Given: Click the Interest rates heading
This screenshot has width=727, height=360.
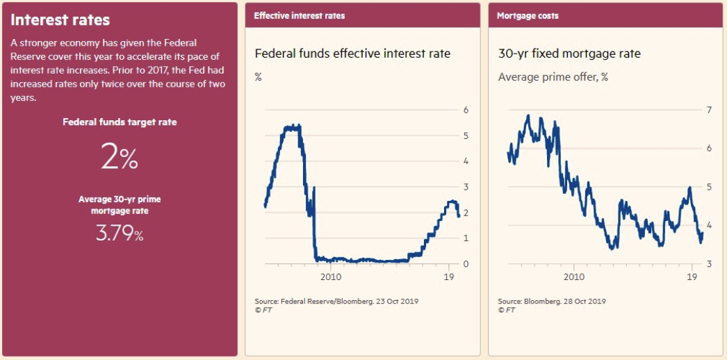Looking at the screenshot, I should (x=60, y=20).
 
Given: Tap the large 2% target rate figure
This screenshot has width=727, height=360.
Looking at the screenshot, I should (x=120, y=158).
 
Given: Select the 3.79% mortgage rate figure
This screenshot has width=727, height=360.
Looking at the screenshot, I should (x=120, y=234).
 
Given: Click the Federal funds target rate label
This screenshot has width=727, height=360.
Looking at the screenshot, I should (x=120, y=122).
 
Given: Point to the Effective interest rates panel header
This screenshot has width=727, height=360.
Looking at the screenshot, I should (x=299, y=15).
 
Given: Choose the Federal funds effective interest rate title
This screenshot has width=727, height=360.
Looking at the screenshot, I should (x=352, y=54).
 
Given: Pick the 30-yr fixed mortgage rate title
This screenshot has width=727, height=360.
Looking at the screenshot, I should (x=569, y=54).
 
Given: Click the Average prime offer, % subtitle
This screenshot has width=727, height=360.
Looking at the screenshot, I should (x=553, y=77).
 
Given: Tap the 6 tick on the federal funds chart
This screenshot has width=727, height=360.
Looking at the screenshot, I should (x=466, y=110).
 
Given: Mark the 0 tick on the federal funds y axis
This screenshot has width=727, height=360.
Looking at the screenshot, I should (x=466, y=264).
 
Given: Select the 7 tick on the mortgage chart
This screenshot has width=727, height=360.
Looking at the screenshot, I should (x=710, y=110).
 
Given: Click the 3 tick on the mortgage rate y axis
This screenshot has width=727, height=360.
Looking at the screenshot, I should (x=710, y=264).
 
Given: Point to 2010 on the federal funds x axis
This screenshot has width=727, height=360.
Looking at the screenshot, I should (x=330, y=277).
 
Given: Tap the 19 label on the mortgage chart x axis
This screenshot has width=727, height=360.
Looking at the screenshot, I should (x=692, y=277).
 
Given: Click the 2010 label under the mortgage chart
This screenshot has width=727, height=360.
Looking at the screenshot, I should (x=573, y=277).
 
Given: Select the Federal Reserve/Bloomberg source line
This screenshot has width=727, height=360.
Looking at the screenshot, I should (x=336, y=301).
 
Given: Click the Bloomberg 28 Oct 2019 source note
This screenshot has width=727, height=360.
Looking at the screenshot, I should (x=552, y=301).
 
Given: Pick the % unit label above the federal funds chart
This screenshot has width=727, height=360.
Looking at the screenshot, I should (x=258, y=77).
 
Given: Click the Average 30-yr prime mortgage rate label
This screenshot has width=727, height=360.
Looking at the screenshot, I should (x=120, y=205).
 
